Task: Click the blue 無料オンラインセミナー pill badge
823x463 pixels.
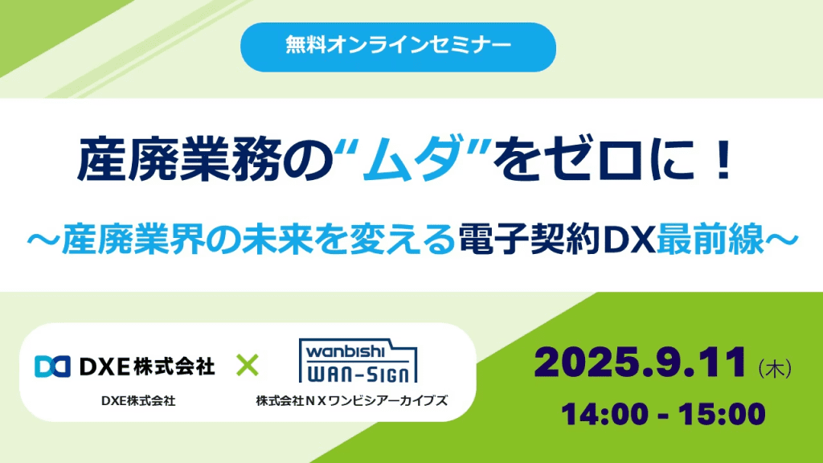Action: (x=398, y=47)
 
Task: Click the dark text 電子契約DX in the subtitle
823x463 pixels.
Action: (x=556, y=240)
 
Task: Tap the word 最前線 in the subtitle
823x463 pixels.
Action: (x=710, y=240)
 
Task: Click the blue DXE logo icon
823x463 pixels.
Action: (x=52, y=367)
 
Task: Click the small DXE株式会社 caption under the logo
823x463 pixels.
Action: (x=138, y=401)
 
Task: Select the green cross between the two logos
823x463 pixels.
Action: (x=248, y=366)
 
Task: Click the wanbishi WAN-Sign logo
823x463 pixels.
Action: (x=358, y=360)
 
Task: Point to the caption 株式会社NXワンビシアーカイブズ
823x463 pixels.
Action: (x=352, y=401)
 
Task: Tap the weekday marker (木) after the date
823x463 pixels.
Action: (x=775, y=368)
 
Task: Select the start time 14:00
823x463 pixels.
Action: (x=604, y=414)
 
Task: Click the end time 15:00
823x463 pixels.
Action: (x=723, y=414)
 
